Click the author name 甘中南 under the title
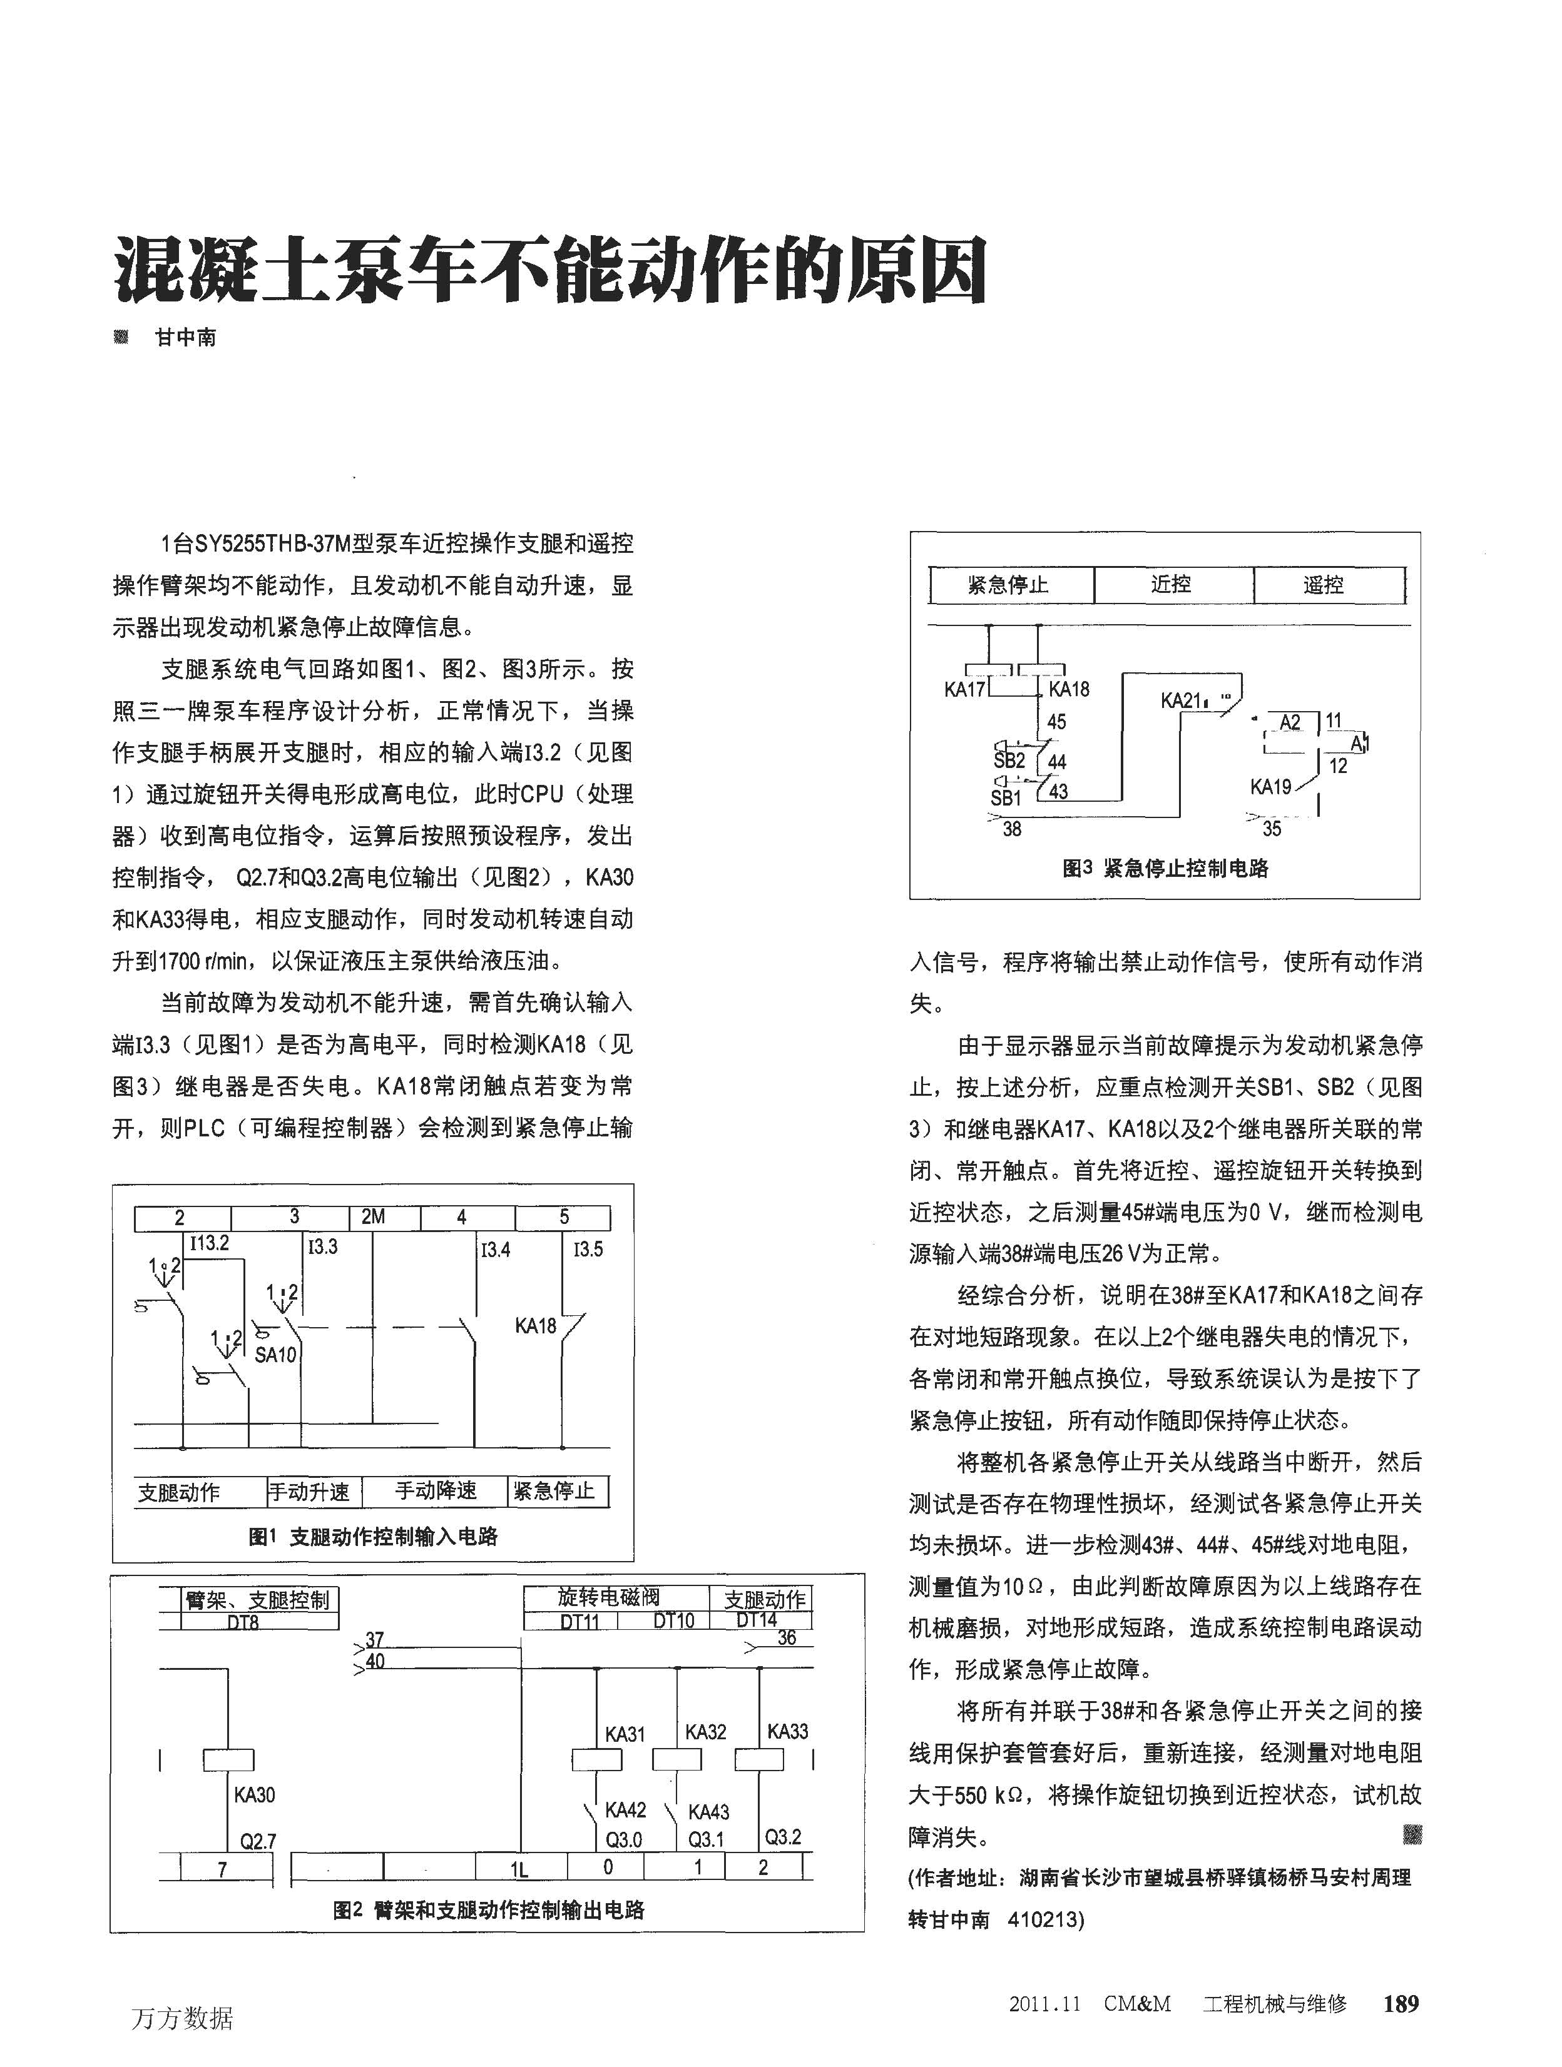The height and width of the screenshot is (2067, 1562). (185, 338)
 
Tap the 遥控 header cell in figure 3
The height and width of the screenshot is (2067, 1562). (1323, 586)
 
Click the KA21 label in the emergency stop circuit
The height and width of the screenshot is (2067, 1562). (1181, 701)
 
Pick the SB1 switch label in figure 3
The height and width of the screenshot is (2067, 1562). (1006, 798)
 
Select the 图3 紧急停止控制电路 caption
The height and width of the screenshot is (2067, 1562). (1165, 868)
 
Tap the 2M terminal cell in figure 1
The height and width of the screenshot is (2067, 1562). (373, 1216)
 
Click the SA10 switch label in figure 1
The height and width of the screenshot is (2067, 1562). (275, 1355)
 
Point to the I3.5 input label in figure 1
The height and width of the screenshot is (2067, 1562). (588, 1250)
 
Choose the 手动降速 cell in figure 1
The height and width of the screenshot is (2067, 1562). (436, 1490)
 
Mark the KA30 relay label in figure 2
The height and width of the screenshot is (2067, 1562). (254, 1795)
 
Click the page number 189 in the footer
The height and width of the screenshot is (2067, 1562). (1401, 2003)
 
